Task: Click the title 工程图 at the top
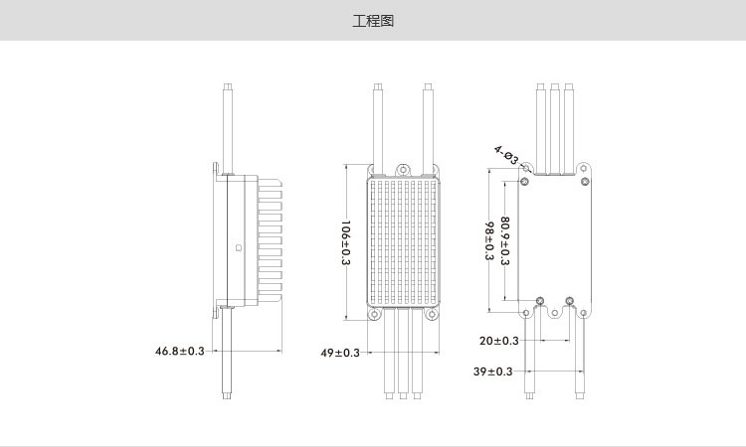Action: pos(373,21)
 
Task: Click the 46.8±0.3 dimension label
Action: pos(179,351)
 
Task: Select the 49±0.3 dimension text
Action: pos(340,353)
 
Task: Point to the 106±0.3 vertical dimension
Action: pos(346,242)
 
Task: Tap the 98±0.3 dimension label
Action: pos(489,240)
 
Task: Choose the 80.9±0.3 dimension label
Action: pos(504,240)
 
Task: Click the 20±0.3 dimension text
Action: pos(499,341)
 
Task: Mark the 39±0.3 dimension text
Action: pos(493,371)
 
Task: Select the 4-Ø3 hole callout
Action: pos(506,155)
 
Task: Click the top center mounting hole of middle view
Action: pos(404,169)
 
